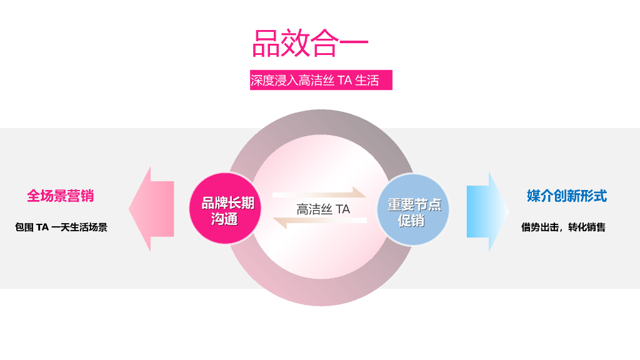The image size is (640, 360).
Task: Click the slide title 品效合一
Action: tap(310, 43)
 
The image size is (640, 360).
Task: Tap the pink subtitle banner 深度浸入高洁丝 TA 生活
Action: tap(321, 80)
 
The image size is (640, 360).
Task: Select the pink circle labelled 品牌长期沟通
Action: tap(224, 209)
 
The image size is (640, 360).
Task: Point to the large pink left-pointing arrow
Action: tap(151, 209)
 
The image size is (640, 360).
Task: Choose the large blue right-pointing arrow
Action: tap(488, 212)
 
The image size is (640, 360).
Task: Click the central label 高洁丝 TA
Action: tap(322, 209)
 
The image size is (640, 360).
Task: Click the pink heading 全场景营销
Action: tap(60, 196)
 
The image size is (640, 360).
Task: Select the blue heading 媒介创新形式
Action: tap(566, 196)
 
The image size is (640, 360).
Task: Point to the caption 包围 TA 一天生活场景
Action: tap(61, 227)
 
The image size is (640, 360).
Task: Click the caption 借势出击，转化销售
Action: tap(563, 227)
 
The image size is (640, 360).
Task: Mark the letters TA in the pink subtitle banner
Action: tap(344, 81)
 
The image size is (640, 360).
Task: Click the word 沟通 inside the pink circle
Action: tap(224, 219)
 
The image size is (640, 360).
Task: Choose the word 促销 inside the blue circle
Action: tap(412, 220)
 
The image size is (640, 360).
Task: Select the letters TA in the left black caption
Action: tap(42, 227)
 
